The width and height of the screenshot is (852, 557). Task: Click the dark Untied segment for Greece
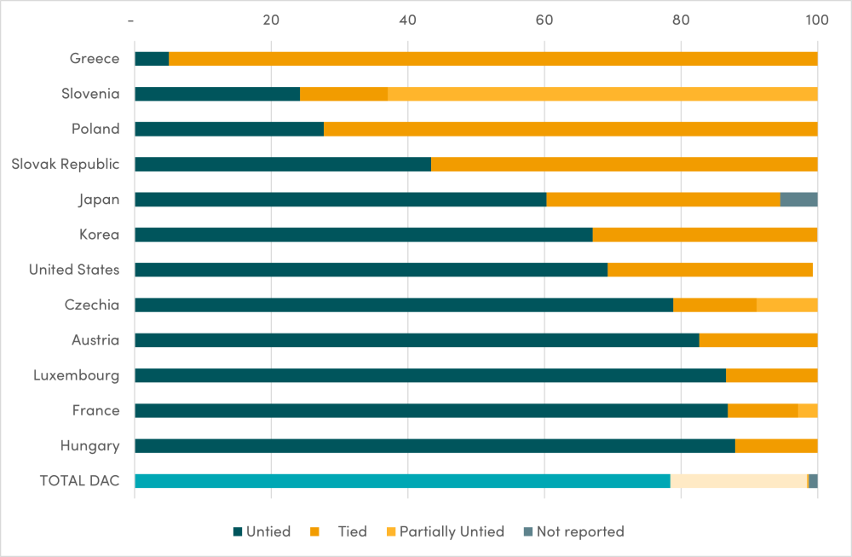(x=152, y=59)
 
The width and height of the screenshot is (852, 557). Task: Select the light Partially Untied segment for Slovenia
(x=602, y=94)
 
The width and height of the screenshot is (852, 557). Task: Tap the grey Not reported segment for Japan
(x=798, y=200)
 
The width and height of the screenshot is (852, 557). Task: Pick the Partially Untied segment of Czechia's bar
(x=786, y=305)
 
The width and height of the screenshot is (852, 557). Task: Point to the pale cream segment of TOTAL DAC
(x=739, y=481)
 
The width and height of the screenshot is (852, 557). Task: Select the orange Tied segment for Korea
(x=705, y=235)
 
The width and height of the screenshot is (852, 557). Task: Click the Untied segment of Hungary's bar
(x=435, y=446)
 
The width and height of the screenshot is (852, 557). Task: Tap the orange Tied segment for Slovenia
(x=343, y=94)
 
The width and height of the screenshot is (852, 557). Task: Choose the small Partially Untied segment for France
(x=808, y=411)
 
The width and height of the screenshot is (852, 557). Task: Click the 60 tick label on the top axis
(x=544, y=20)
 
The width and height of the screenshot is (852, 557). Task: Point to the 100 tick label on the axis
(x=816, y=20)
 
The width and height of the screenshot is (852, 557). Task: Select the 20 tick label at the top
(x=271, y=20)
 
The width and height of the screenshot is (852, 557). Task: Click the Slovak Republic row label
(x=66, y=164)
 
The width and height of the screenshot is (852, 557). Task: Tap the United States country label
(x=74, y=270)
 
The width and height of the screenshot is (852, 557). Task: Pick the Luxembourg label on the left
(x=77, y=375)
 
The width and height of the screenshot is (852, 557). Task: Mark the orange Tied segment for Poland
(x=570, y=129)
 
